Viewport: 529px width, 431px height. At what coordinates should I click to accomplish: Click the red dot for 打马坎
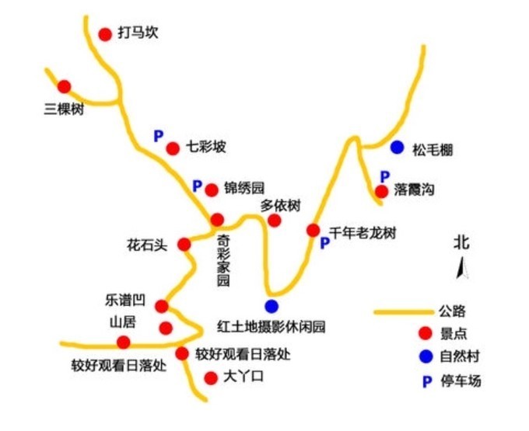pos(105,34)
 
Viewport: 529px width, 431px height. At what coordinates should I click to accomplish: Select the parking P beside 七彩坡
pos(158,136)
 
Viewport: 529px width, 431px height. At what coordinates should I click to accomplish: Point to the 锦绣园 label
pos(244,188)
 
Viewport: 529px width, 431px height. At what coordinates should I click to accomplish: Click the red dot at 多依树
pos(275,221)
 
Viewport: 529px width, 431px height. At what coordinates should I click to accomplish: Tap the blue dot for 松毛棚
pos(398,147)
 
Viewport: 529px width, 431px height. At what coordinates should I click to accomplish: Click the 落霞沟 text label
pos(414,190)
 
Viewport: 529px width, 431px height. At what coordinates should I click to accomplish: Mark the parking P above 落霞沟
pos(384,176)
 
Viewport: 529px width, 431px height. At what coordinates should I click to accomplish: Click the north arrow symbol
pos(461,269)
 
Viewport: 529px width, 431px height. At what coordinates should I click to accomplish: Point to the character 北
pos(462,242)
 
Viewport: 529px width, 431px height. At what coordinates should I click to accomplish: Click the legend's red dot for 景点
pos(424,334)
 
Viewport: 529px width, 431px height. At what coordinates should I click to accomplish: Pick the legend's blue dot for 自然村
pos(424,357)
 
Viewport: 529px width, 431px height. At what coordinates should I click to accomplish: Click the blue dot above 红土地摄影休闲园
pos(272,305)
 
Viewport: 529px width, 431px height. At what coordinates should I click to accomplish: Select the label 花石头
pos(147,245)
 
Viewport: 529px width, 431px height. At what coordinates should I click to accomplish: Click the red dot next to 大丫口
pos(209,378)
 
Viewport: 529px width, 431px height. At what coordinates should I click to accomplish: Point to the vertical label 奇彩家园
pos(223,262)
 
